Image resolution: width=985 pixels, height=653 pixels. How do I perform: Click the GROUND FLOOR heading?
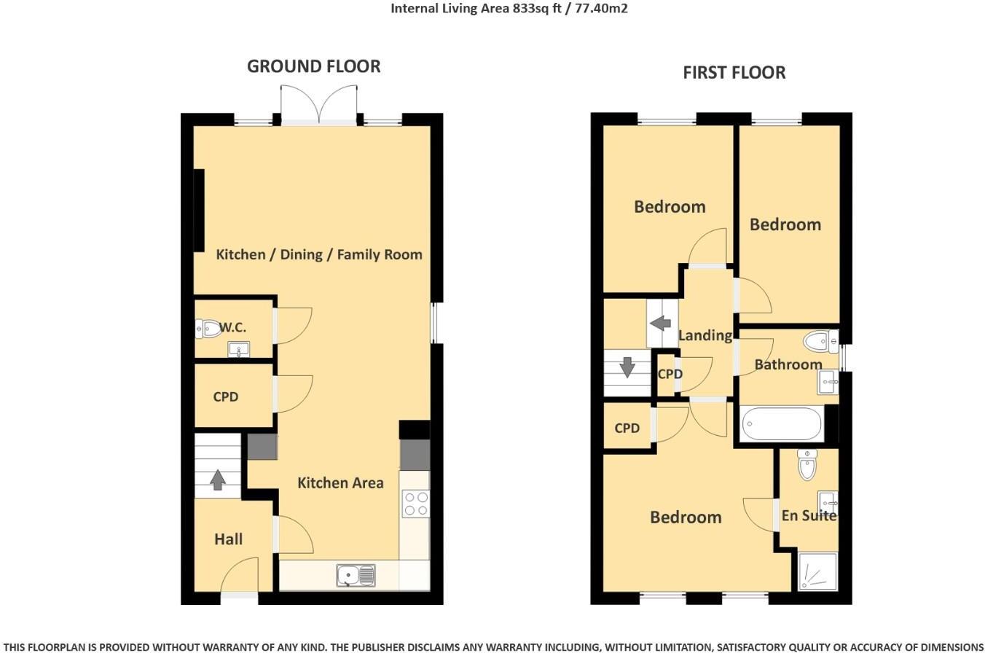(313, 66)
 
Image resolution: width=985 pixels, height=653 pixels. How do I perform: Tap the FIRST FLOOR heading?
(734, 73)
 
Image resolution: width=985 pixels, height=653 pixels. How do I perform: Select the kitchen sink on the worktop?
(356, 575)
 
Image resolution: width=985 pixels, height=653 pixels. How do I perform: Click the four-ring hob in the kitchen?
(415, 504)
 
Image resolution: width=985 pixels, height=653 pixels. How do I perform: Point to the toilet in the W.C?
(208, 329)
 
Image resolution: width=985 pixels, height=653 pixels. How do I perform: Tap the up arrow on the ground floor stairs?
(217, 480)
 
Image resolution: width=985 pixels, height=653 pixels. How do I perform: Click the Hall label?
(228, 539)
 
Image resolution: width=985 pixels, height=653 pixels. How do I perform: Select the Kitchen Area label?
(340, 482)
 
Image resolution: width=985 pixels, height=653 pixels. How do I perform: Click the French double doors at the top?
(319, 104)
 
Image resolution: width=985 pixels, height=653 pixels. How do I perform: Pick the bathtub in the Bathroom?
(782, 423)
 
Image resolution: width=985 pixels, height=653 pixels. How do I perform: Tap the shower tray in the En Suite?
(817, 571)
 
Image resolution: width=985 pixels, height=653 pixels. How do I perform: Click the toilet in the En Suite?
(807, 464)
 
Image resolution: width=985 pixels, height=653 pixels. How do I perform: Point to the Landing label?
(705, 335)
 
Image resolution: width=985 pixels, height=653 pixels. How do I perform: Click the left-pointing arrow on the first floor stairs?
(661, 322)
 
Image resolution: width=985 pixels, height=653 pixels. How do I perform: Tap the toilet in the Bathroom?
(820, 340)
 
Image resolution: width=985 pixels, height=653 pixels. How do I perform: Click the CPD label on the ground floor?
(226, 397)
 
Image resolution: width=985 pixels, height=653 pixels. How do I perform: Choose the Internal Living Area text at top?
(509, 9)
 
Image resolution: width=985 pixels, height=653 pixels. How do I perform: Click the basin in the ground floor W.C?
(238, 351)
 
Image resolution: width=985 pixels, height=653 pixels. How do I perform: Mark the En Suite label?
(809, 515)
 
